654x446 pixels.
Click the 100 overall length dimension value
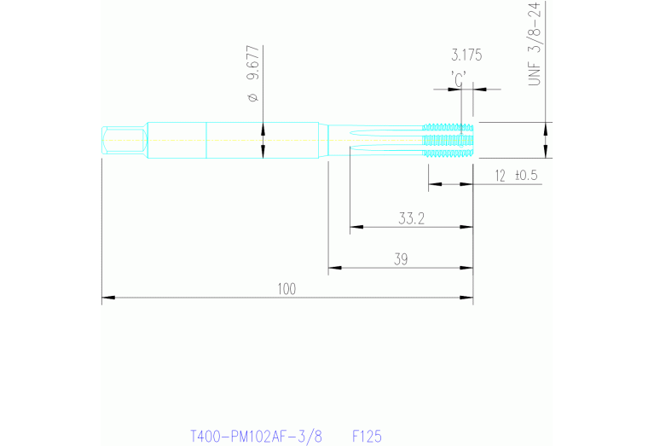(x=286, y=289)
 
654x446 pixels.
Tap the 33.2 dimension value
(x=411, y=218)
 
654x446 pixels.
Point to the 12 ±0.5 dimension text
(x=516, y=176)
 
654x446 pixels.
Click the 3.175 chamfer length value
(x=466, y=55)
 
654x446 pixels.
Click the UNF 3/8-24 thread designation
(x=535, y=43)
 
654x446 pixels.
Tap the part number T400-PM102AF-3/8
(x=256, y=436)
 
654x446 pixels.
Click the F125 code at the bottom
(x=367, y=436)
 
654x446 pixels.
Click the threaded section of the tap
(x=449, y=140)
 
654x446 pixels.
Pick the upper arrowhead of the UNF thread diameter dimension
(x=547, y=128)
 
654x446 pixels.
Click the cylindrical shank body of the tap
(x=234, y=140)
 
